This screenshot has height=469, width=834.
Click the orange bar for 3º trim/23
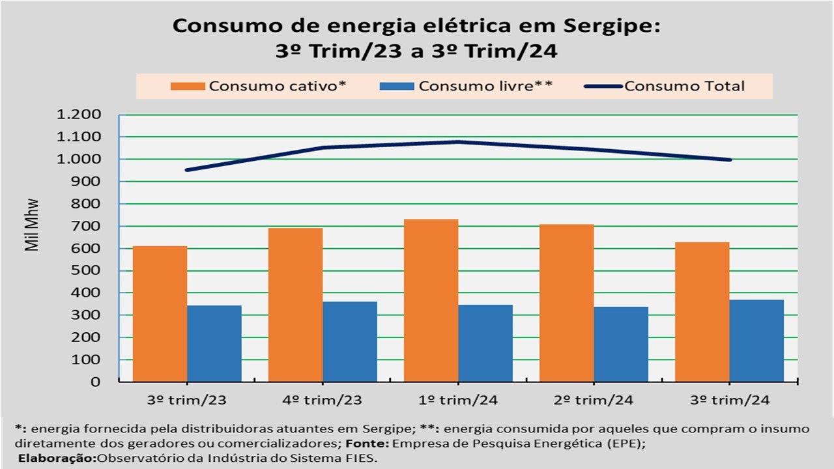160,313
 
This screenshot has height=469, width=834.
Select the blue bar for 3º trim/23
214,343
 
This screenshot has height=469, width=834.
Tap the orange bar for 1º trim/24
431,300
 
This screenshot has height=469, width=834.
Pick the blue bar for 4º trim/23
350,341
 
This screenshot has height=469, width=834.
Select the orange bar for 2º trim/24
566,303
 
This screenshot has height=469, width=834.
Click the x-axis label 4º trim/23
323,399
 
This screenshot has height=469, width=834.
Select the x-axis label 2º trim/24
594,399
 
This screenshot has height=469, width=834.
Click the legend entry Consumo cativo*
276,86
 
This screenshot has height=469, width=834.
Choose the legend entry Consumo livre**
485,86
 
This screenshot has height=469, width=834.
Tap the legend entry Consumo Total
684,86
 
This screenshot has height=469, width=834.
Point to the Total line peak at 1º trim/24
458,141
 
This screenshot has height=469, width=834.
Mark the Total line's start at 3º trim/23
187,170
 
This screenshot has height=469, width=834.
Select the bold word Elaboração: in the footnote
57,458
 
